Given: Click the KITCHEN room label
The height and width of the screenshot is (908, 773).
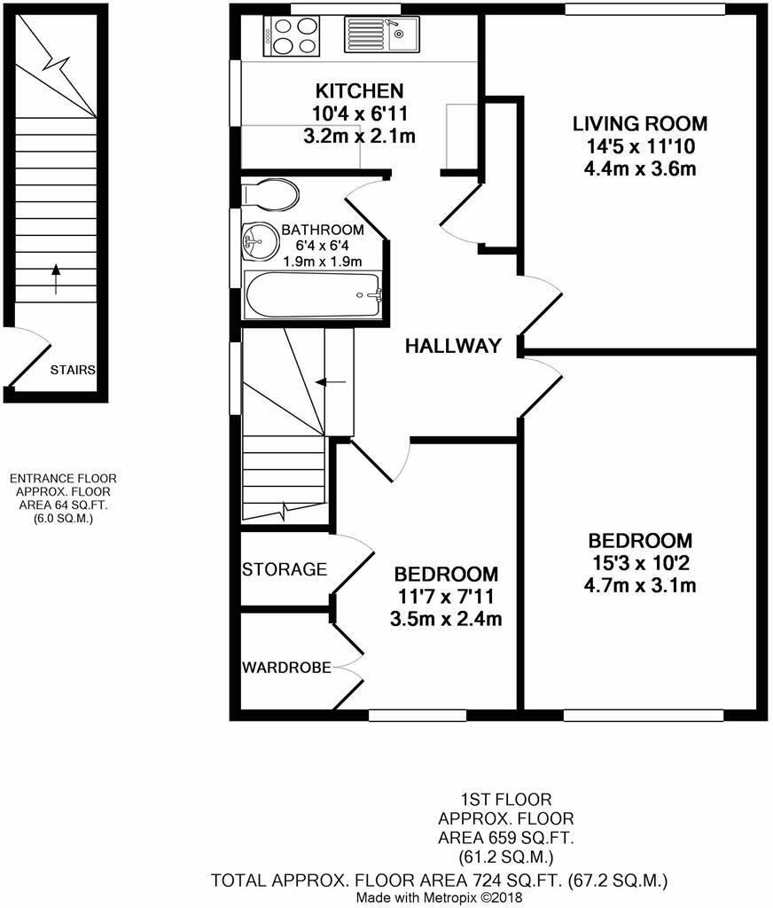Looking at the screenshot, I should (360, 91).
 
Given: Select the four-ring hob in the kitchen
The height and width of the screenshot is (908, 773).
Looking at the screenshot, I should (291, 37).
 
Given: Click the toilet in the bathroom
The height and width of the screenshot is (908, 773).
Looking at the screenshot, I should (270, 193).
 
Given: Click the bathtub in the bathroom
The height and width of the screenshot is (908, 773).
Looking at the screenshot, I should (312, 294).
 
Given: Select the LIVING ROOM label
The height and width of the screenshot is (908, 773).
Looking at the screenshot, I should (639, 123).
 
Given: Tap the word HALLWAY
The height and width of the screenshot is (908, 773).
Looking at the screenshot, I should (453, 346).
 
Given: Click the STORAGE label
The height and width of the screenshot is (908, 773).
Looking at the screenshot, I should (285, 569).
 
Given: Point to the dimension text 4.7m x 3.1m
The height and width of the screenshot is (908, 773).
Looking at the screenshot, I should (640, 585).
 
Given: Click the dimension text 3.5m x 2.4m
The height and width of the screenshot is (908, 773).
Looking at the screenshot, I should (446, 619).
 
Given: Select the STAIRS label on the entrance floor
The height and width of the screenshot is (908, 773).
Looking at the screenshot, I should (73, 371).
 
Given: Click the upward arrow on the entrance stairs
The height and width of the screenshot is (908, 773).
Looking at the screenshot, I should (56, 278).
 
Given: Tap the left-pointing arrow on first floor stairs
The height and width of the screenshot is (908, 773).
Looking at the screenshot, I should (332, 381).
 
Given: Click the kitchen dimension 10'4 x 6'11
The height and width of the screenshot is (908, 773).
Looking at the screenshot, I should (360, 113).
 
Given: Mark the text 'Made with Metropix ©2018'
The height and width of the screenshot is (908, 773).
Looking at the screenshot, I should (439, 897).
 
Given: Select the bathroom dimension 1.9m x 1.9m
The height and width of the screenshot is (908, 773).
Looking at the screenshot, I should (323, 262).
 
